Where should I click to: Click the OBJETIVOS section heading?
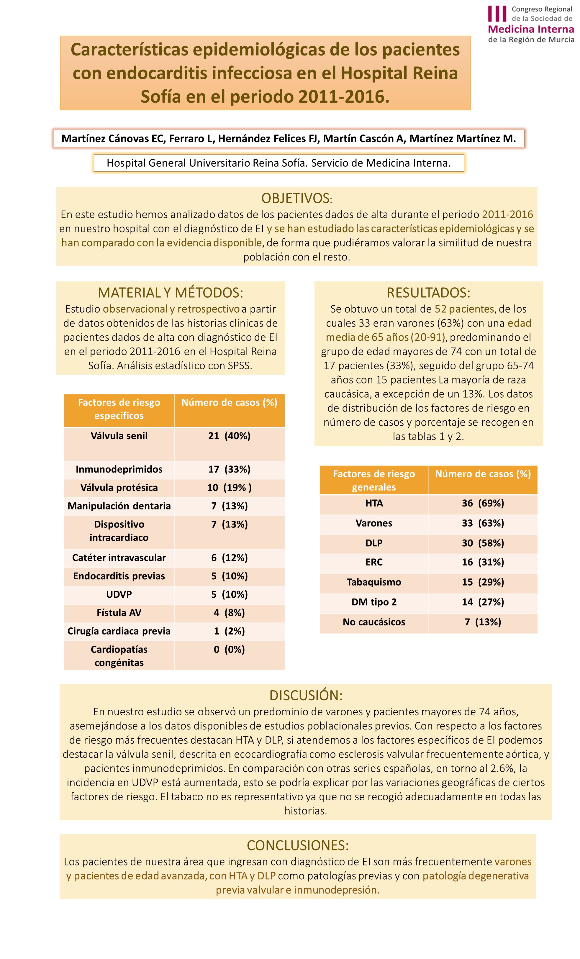pyautogui.click(x=296, y=198)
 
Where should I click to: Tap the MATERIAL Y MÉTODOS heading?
pyautogui.click(x=170, y=292)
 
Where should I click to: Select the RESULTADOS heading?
pyautogui.click(x=428, y=292)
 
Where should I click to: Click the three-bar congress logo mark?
pyautogui.click(x=497, y=14)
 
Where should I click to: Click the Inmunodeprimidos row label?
pyautogui.click(x=119, y=469)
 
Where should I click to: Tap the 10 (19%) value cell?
pyautogui.click(x=229, y=487)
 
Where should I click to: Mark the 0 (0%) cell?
pyautogui.click(x=229, y=649)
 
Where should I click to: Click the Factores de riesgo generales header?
pyautogui.click(x=374, y=480)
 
